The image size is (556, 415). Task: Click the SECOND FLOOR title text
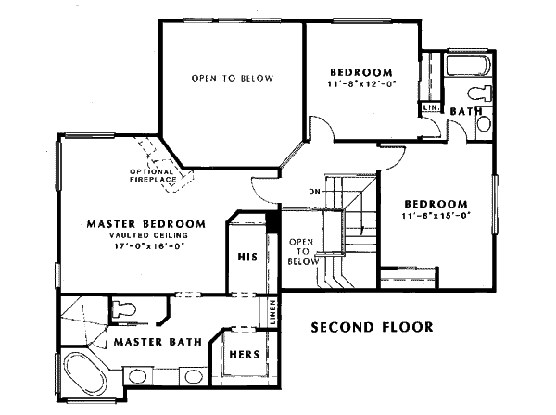372,327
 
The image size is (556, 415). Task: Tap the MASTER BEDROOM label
145,223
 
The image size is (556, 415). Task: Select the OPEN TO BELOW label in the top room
233,78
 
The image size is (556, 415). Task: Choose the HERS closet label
246,355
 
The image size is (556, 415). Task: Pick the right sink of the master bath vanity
193,376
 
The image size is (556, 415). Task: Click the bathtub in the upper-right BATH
467,68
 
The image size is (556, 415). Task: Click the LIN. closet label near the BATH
430,108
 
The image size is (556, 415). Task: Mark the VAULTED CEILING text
146,235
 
